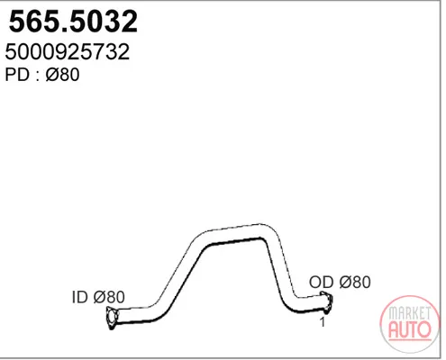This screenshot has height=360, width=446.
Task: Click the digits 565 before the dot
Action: pyautogui.click(x=34, y=22)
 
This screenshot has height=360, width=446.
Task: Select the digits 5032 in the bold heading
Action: pyautogui.click(x=103, y=22)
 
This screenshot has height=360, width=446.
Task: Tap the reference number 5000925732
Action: pyautogui.click(x=68, y=51)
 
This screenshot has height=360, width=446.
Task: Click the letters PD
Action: pyautogui.click(x=17, y=75)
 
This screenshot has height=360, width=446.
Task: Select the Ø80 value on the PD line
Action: pyautogui.click(x=62, y=75)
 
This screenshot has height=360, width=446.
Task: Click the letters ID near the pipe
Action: pyautogui.click(x=79, y=297)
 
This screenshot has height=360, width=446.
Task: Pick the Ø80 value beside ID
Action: pyautogui.click(x=109, y=297)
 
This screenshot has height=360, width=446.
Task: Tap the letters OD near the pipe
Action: pyautogui.click(x=322, y=282)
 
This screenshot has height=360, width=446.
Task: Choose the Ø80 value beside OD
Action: pyautogui.click(x=355, y=282)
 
